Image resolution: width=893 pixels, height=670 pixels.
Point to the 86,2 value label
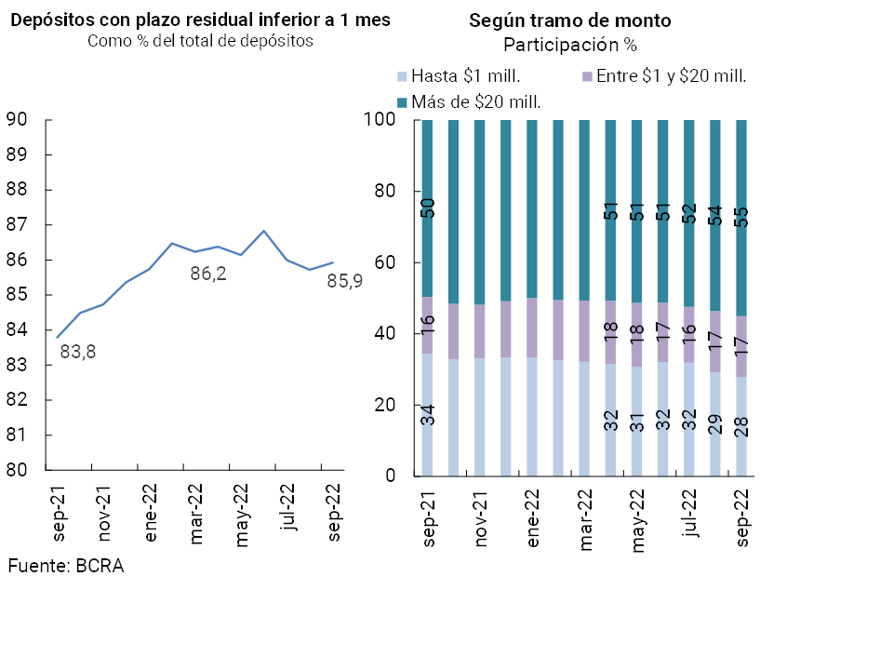[208, 275]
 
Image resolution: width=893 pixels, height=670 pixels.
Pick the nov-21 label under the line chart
[104, 513]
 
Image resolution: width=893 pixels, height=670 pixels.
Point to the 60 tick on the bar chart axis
[384, 262]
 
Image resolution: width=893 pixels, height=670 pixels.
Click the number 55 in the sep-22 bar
[741, 217]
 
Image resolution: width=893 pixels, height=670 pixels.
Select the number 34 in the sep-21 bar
[428, 416]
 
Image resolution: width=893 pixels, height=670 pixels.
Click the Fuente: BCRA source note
[65, 565]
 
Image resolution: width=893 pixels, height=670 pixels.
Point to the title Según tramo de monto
[570, 20]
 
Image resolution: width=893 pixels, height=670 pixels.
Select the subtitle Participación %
[569, 45]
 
